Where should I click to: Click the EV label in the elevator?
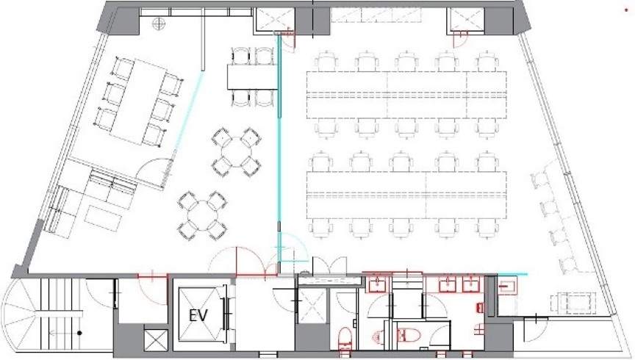(198, 315)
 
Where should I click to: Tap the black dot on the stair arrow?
(80, 333)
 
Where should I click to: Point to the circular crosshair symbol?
(158, 23)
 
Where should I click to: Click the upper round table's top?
(236, 151)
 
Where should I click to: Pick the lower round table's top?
(202, 215)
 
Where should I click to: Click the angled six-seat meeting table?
(139, 101)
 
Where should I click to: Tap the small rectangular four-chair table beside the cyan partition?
(252, 76)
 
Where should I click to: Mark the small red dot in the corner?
(626, 10)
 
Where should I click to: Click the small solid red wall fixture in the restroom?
(481, 308)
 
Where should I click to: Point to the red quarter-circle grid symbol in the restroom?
(479, 330)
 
